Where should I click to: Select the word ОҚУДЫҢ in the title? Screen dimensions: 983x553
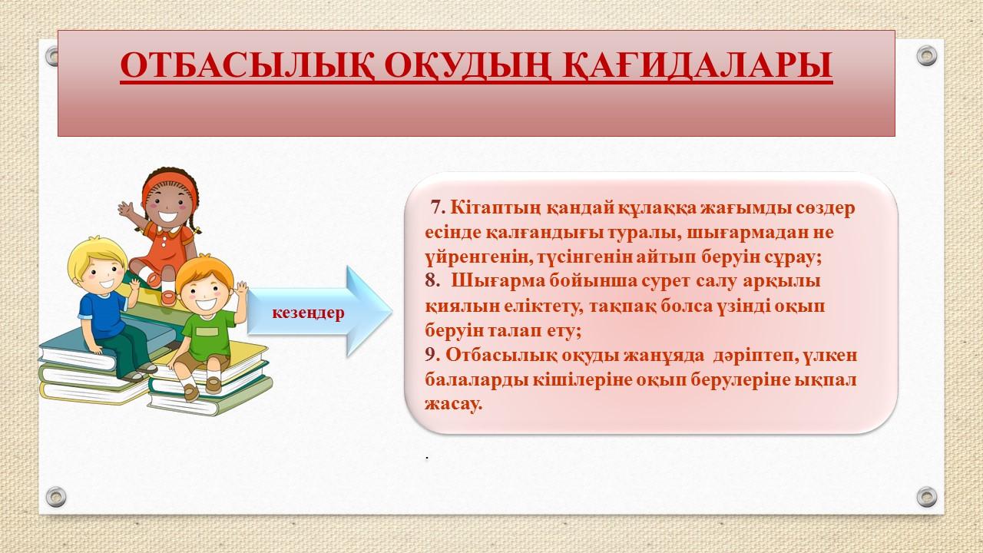[468, 66]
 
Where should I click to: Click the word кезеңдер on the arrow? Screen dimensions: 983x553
[308, 313]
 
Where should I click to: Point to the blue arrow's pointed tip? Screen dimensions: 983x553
[391, 311]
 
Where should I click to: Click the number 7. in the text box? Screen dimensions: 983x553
[438, 207]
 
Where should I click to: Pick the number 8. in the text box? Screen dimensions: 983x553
[432, 280]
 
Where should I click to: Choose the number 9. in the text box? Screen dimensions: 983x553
[432, 355]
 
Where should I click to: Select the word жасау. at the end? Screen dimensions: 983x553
[453, 404]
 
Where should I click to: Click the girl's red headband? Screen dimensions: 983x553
[169, 182]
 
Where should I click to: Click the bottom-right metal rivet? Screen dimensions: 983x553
[927, 497]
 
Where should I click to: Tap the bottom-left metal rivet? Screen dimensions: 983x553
[56, 497]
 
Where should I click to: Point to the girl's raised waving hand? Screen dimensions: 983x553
[127, 210]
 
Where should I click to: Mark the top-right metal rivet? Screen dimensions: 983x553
[927, 56]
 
